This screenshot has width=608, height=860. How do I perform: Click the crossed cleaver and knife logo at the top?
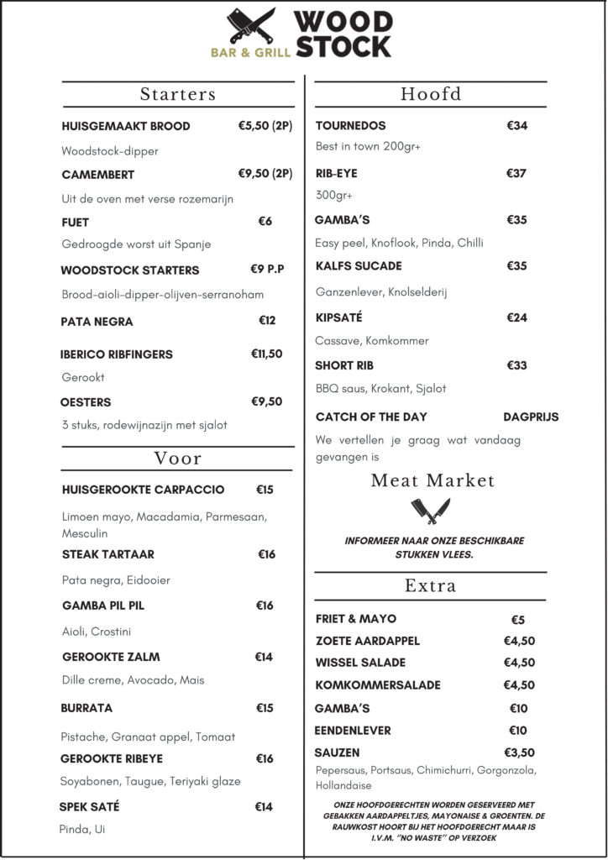click(251, 25)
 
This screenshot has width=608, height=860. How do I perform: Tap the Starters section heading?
click(178, 94)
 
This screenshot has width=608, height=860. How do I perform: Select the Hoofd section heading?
click(431, 94)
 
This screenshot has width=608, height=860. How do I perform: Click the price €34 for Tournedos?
click(517, 126)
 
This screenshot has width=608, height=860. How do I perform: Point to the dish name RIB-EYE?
click(336, 174)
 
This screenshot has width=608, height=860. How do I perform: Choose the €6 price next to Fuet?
click(265, 222)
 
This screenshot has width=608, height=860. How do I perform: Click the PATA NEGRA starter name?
click(97, 322)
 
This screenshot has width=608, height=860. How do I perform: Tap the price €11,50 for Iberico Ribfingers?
click(266, 354)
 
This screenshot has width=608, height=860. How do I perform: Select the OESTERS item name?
click(86, 402)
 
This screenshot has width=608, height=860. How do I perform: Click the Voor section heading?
click(178, 459)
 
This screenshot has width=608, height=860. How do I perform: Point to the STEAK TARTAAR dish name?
click(108, 554)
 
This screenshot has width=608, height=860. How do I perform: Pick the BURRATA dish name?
click(86, 708)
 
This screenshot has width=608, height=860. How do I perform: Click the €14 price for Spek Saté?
click(264, 807)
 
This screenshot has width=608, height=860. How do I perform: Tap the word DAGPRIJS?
click(531, 417)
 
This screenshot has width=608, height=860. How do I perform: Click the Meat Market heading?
click(432, 481)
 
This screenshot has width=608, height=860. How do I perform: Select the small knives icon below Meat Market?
click(431, 511)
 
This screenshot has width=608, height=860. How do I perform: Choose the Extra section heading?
click(430, 585)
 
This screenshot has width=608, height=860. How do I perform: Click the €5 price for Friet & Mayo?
click(517, 620)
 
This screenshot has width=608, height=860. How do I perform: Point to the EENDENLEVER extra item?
click(353, 731)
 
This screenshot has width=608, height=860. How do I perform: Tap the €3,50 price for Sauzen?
click(519, 752)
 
